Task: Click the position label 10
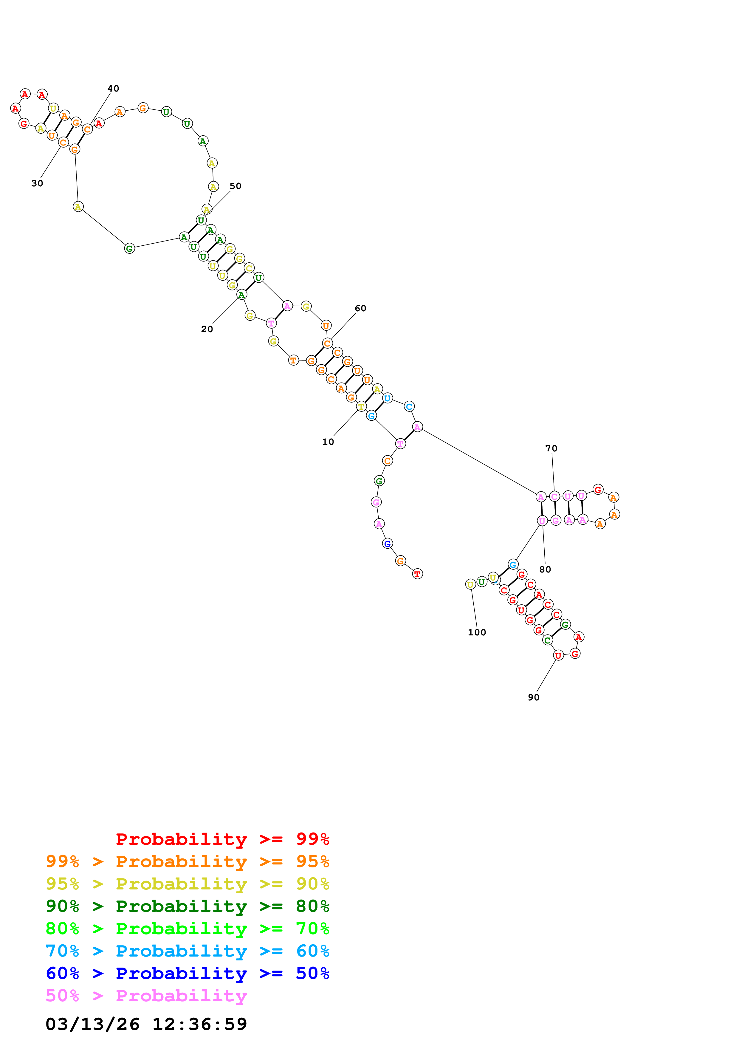coord(328,442)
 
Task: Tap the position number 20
coord(207,329)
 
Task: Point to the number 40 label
coord(113,89)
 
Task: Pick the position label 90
coord(533,697)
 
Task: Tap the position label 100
coord(477,632)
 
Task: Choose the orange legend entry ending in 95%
coord(188,861)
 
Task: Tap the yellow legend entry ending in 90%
coord(188,884)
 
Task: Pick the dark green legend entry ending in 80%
coord(188,906)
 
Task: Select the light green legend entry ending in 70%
coord(188,929)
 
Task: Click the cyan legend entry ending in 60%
coord(188,951)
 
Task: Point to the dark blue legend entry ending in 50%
coord(188,973)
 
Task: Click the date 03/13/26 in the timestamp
coord(92,1025)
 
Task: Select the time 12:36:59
coord(199,1025)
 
